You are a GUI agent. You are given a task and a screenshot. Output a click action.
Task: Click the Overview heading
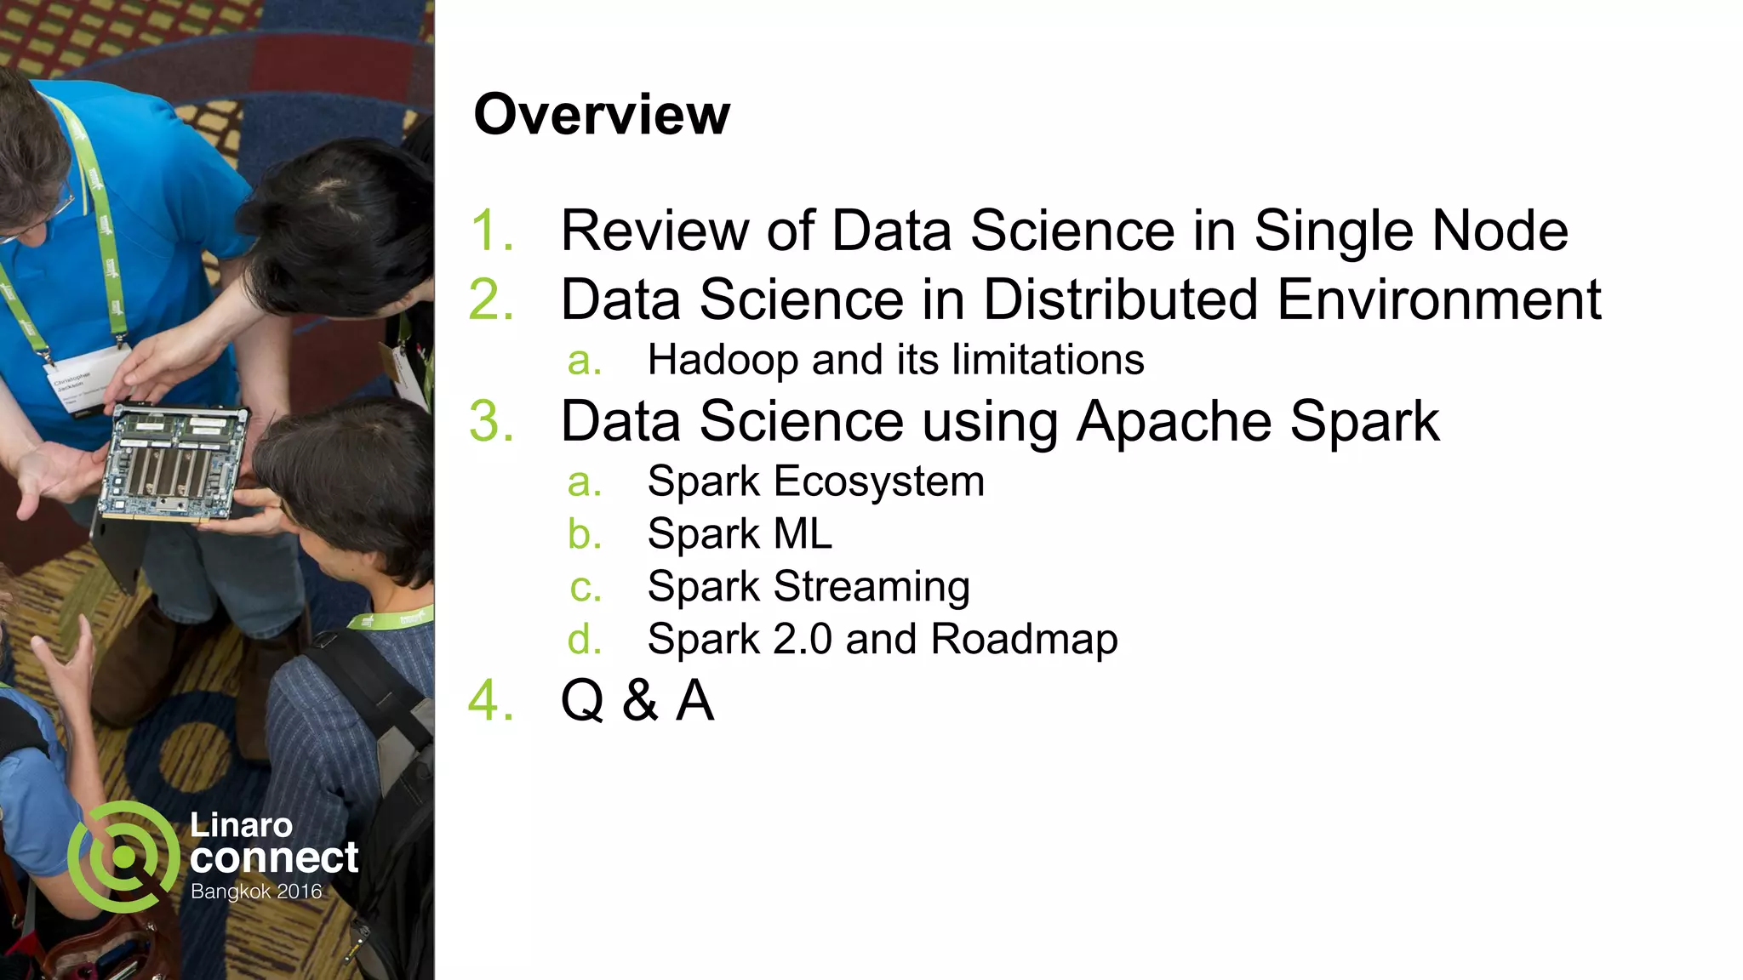[x=601, y=114]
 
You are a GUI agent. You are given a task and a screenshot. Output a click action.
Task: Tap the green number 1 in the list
[x=492, y=231]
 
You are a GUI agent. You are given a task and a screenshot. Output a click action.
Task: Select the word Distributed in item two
[x=1121, y=299]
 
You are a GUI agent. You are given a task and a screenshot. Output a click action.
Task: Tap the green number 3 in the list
[x=492, y=421]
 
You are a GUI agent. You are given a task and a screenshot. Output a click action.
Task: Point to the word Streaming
[x=871, y=587]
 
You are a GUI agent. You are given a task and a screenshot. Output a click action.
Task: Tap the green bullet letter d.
[x=584, y=640]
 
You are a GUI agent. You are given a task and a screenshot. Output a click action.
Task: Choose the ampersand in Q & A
[x=640, y=701]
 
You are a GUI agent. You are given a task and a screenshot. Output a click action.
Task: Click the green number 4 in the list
[x=492, y=701]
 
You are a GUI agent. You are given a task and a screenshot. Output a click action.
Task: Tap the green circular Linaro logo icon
[x=123, y=857]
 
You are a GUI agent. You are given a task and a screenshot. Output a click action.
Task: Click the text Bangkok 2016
[x=256, y=892]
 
